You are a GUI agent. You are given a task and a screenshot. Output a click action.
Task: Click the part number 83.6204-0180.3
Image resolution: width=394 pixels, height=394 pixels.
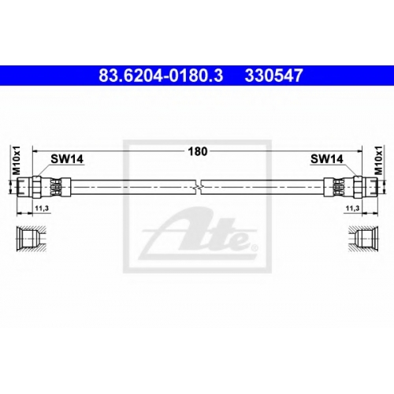pos(161,76)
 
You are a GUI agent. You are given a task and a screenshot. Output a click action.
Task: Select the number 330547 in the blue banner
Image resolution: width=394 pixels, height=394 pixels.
pos(274,76)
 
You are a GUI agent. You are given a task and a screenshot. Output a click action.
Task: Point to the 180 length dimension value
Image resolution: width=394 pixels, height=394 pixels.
pos(198,151)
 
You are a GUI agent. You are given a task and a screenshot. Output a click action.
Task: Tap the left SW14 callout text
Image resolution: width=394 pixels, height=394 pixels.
pos(67,158)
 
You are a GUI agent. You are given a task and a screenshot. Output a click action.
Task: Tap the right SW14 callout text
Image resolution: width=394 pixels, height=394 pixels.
pos(327,158)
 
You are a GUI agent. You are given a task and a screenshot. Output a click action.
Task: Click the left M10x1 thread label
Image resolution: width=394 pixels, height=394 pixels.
pos(17,161)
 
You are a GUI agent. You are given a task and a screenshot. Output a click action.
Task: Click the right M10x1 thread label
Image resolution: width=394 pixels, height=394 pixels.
pos(378,161)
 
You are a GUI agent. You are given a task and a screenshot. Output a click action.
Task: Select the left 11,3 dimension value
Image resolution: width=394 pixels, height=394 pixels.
pos(42,208)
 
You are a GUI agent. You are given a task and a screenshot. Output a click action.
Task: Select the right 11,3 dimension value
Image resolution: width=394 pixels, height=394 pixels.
pos(352,208)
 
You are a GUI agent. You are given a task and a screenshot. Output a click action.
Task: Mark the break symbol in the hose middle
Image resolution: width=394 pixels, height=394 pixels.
pos(199,188)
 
